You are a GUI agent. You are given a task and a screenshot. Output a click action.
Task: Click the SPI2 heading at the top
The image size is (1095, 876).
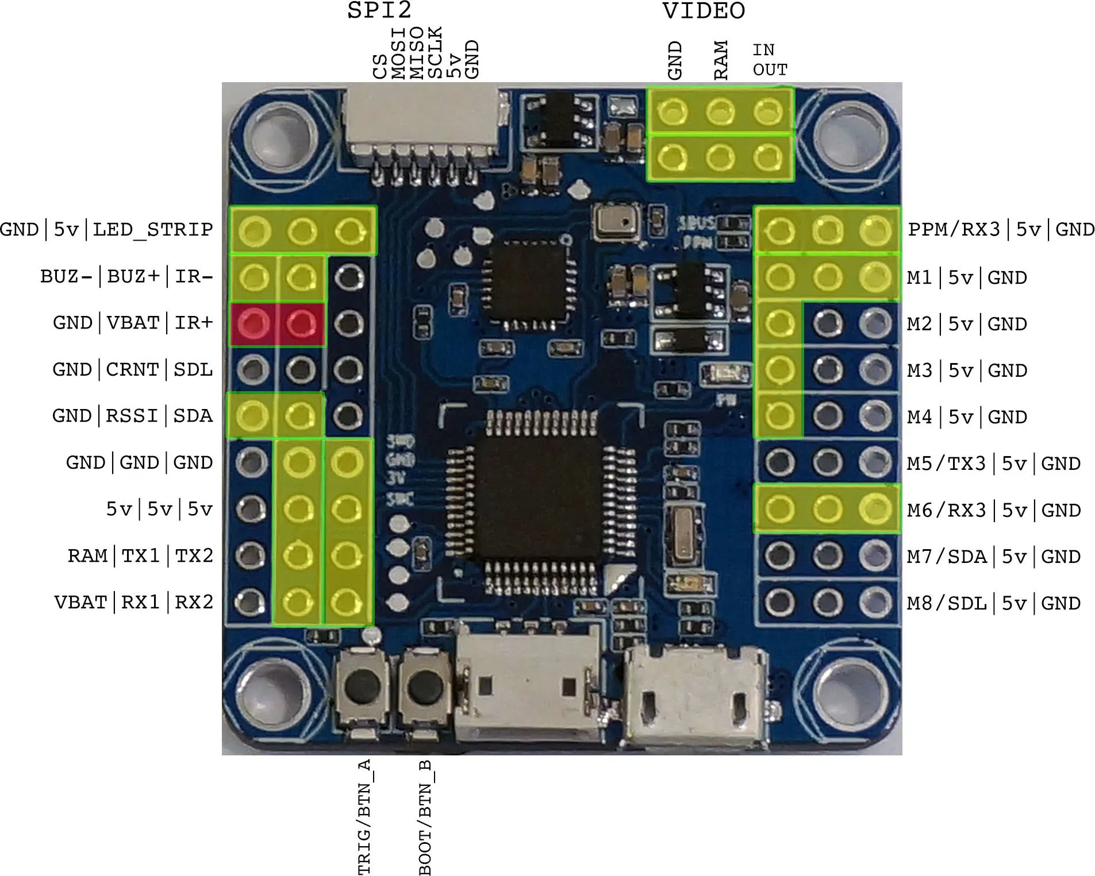click(x=379, y=10)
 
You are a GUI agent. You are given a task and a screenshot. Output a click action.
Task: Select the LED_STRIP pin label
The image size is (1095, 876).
click(x=153, y=230)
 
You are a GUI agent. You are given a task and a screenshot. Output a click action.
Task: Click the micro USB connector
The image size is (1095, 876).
click(x=696, y=695)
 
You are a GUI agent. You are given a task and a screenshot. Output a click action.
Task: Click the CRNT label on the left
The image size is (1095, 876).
click(x=133, y=369)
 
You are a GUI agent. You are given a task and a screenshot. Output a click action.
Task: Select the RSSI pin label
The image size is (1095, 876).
click(x=132, y=416)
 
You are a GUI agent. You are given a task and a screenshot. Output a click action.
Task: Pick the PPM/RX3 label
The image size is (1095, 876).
click(x=954, y=230)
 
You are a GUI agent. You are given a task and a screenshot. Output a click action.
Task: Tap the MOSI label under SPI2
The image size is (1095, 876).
click(x=399, y=53)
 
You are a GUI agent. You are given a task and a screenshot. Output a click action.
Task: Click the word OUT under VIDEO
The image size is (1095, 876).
click(x=770, y=70)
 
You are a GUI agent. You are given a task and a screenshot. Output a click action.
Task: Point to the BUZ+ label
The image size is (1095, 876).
click(x=133, y=276)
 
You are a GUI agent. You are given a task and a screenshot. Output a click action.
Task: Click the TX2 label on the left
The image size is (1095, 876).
click(x=194, y=555)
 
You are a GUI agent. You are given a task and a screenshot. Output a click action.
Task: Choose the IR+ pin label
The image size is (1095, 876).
click(x=194, y=323)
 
